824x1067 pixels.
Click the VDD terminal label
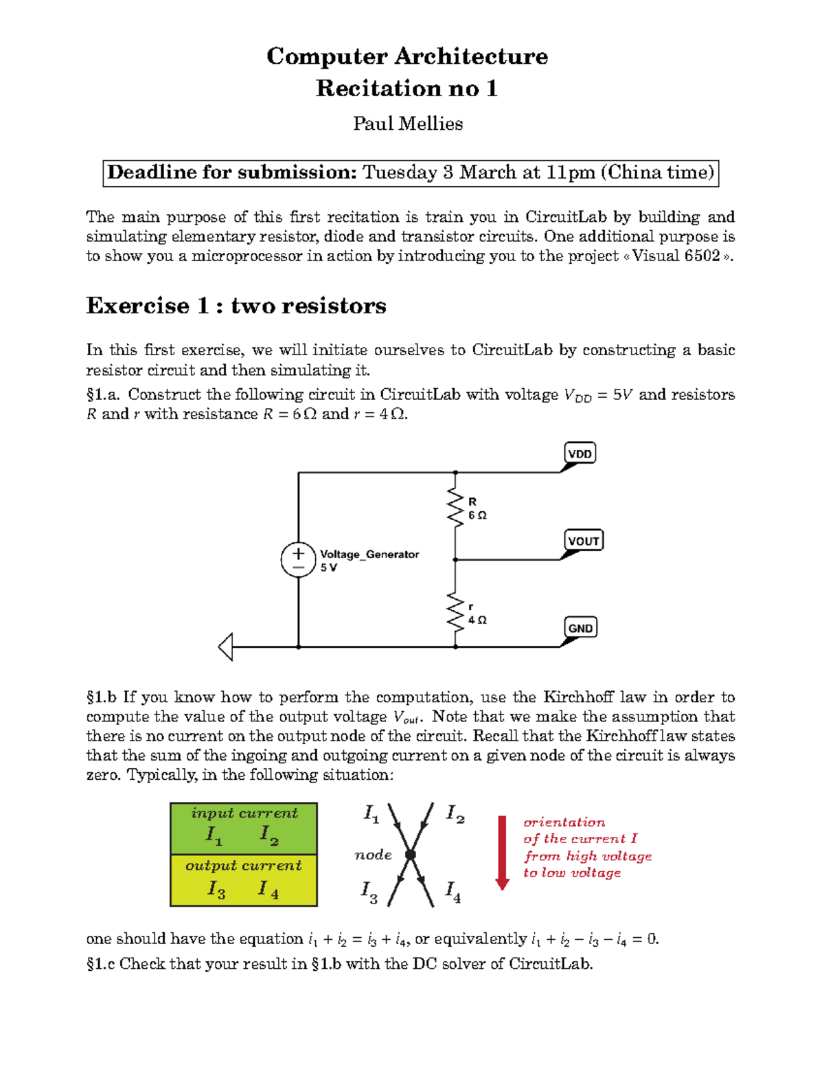click(x=580, y=453)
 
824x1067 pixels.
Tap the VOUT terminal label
click(x=583, y=541)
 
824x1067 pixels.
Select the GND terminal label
click(x=580, y=628)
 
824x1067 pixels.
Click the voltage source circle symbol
click(x=298, y=560)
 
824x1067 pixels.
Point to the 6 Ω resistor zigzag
click(x=455, y=508)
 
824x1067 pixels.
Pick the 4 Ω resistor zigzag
click(x=455, y=611)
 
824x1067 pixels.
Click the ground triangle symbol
click(x=226, y=647)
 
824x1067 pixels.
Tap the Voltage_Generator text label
click(x=369, y=554)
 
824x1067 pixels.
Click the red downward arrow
click(x=503, y=852)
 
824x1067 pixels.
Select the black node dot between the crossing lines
click(x=411, y=855)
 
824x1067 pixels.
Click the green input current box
click(x=244, y=828)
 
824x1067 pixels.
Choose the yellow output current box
click(x=244, y=880)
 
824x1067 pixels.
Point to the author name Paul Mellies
click(x=408, y=124)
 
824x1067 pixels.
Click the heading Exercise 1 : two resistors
click(x=236, y=306)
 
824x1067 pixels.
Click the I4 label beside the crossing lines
click(x=453, y=891)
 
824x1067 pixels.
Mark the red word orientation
click(x=564, y=822)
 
